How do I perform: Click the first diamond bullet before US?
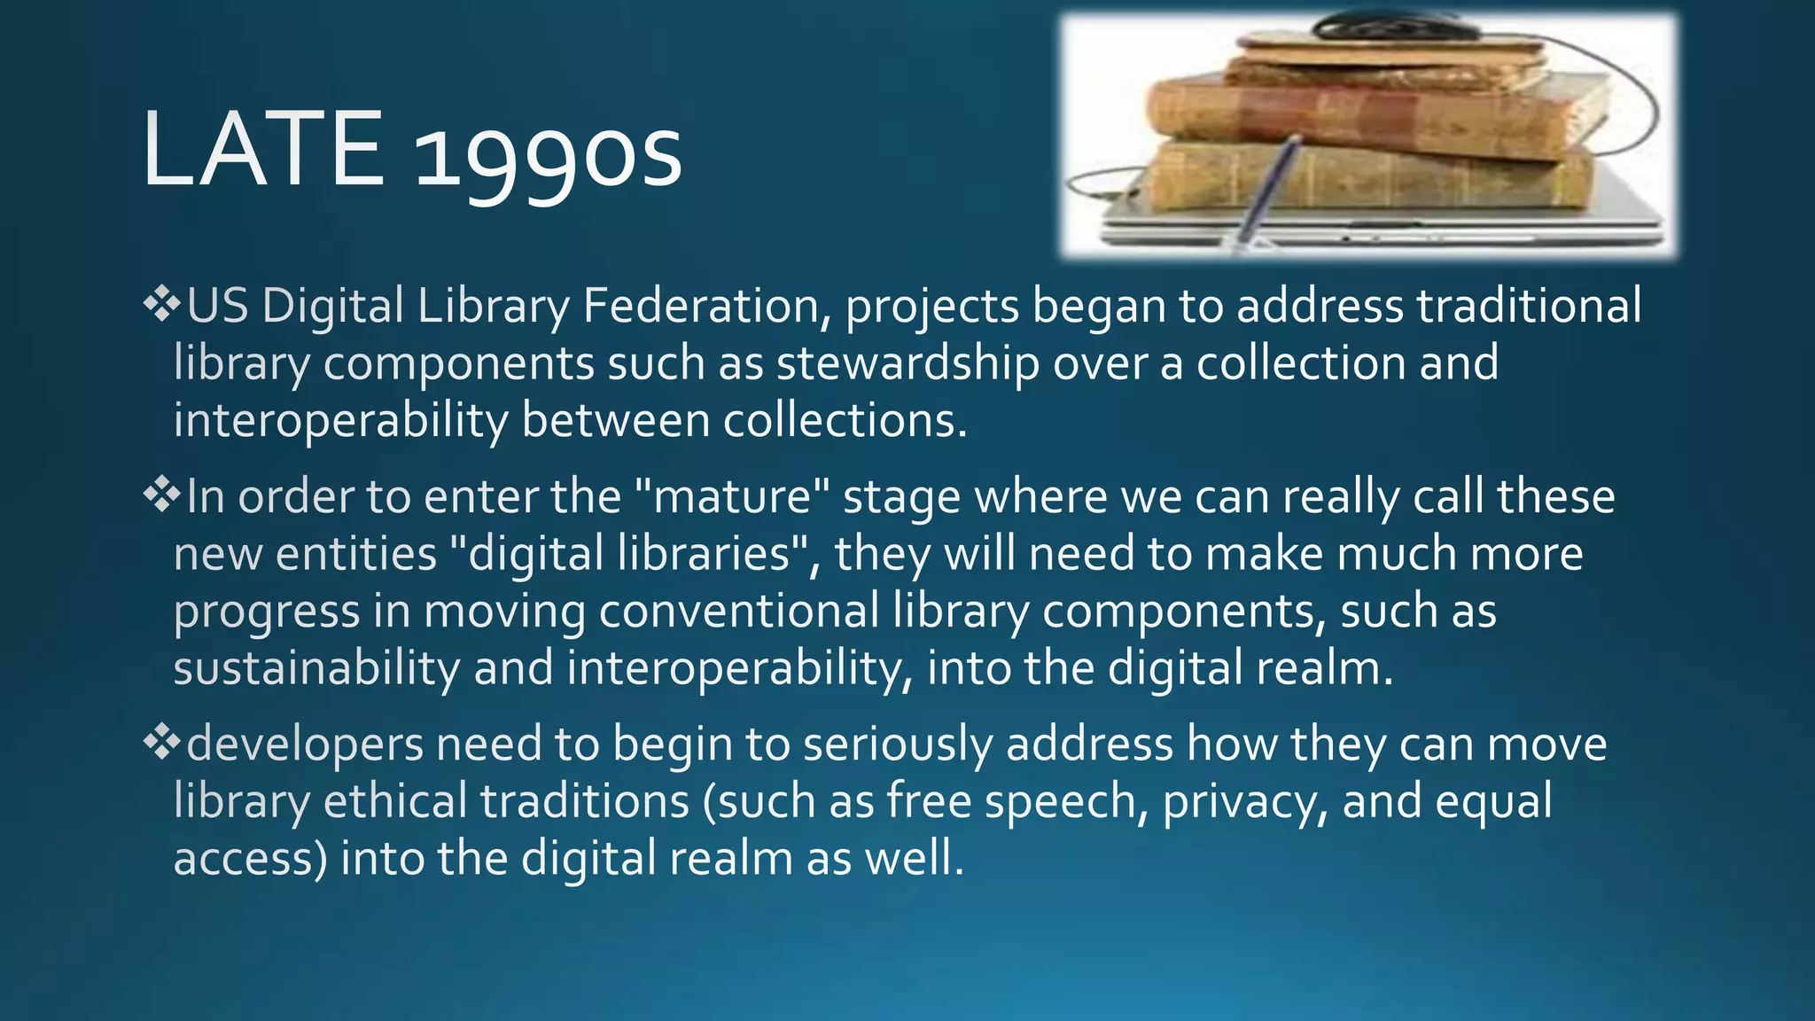pos(160,305)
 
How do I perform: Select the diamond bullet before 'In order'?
pos(160,495)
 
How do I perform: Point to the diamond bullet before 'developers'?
pos(160,743)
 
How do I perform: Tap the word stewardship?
pos(908,364)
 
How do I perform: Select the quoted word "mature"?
pos(733,496)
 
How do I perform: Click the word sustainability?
pos(316,668)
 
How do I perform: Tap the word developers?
pos(305,744)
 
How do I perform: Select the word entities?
pos(356,554)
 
